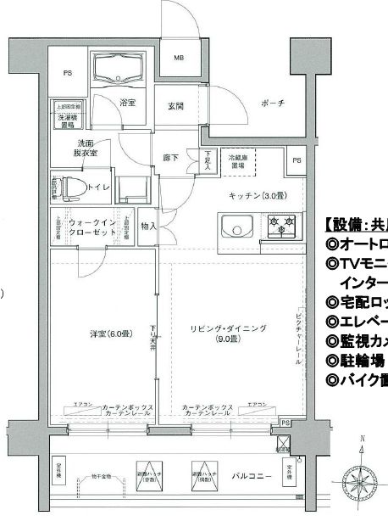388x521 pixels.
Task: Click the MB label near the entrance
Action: click(179, 59)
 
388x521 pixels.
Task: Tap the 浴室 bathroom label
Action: click(128, 103)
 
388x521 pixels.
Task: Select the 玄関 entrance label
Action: click(175, 106)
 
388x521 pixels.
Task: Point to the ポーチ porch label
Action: click(248, 103)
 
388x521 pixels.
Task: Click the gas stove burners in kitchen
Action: click(282, 227)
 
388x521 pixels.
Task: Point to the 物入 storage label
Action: click(149, 227)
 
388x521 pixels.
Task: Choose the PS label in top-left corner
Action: click(66, 74)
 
